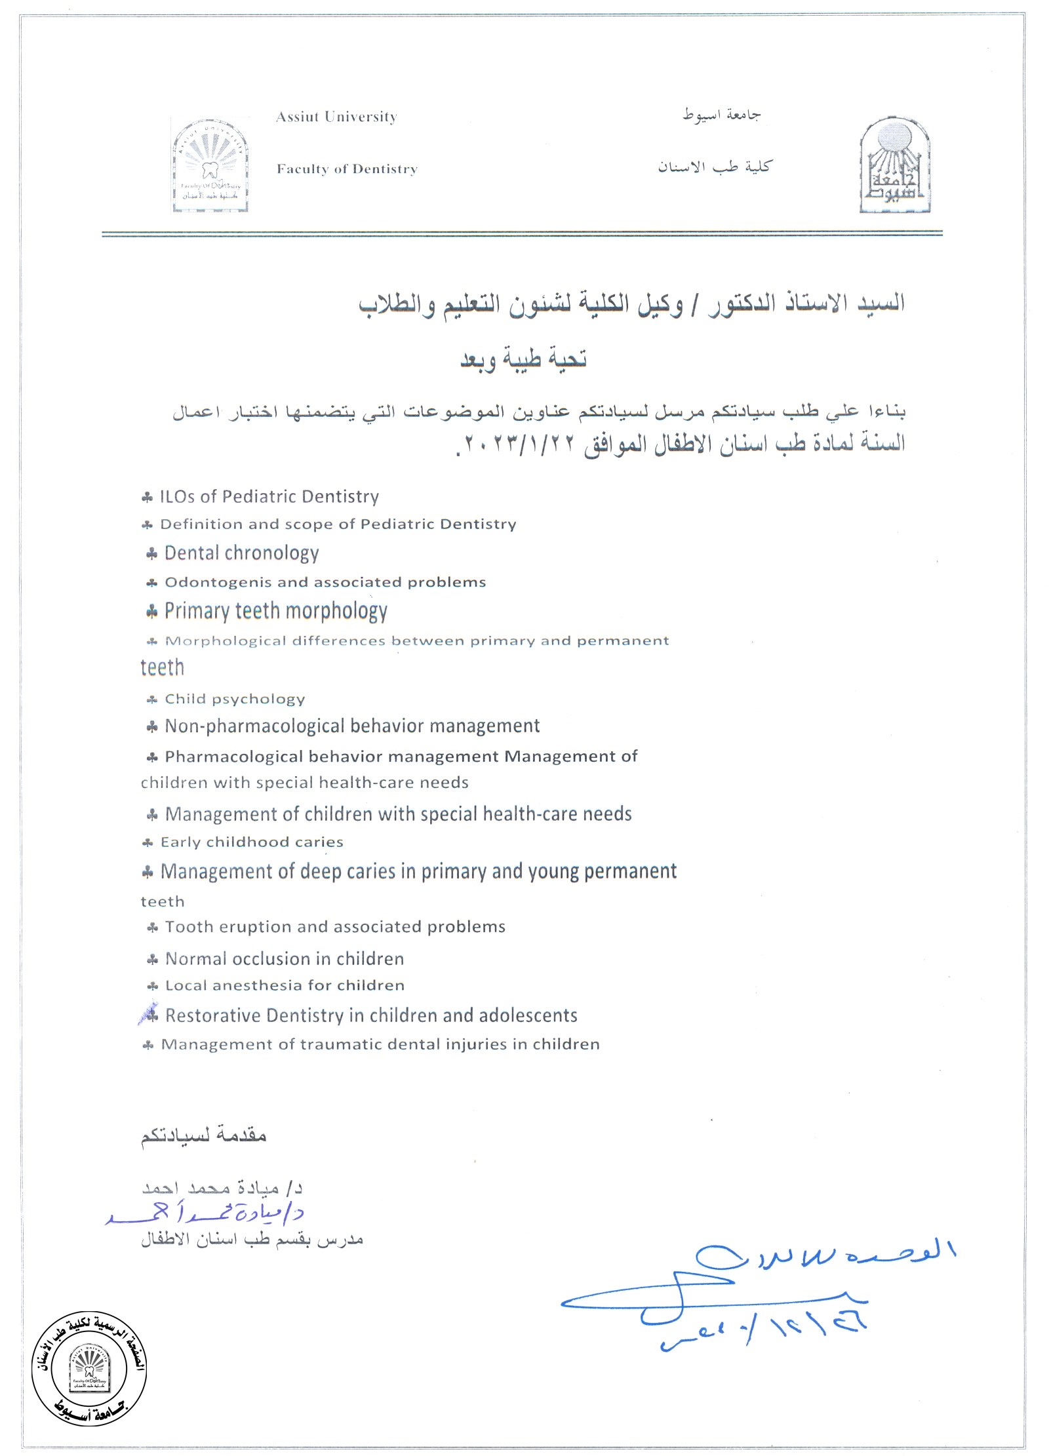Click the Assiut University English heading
tap(336, 117)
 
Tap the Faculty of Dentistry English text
tap(347, 169)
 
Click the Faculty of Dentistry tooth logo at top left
tap(210, 166)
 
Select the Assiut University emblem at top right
tap(895, 166)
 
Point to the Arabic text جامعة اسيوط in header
tap(721, 115)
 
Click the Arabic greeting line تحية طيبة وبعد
tap(523, 359)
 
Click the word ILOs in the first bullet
tap(177, 497)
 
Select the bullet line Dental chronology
tap(241, 553)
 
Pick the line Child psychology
tap(235, 699)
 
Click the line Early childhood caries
tap(252, 842)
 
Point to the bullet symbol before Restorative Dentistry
tap(151, 1015)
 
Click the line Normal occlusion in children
tap(284, 959)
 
